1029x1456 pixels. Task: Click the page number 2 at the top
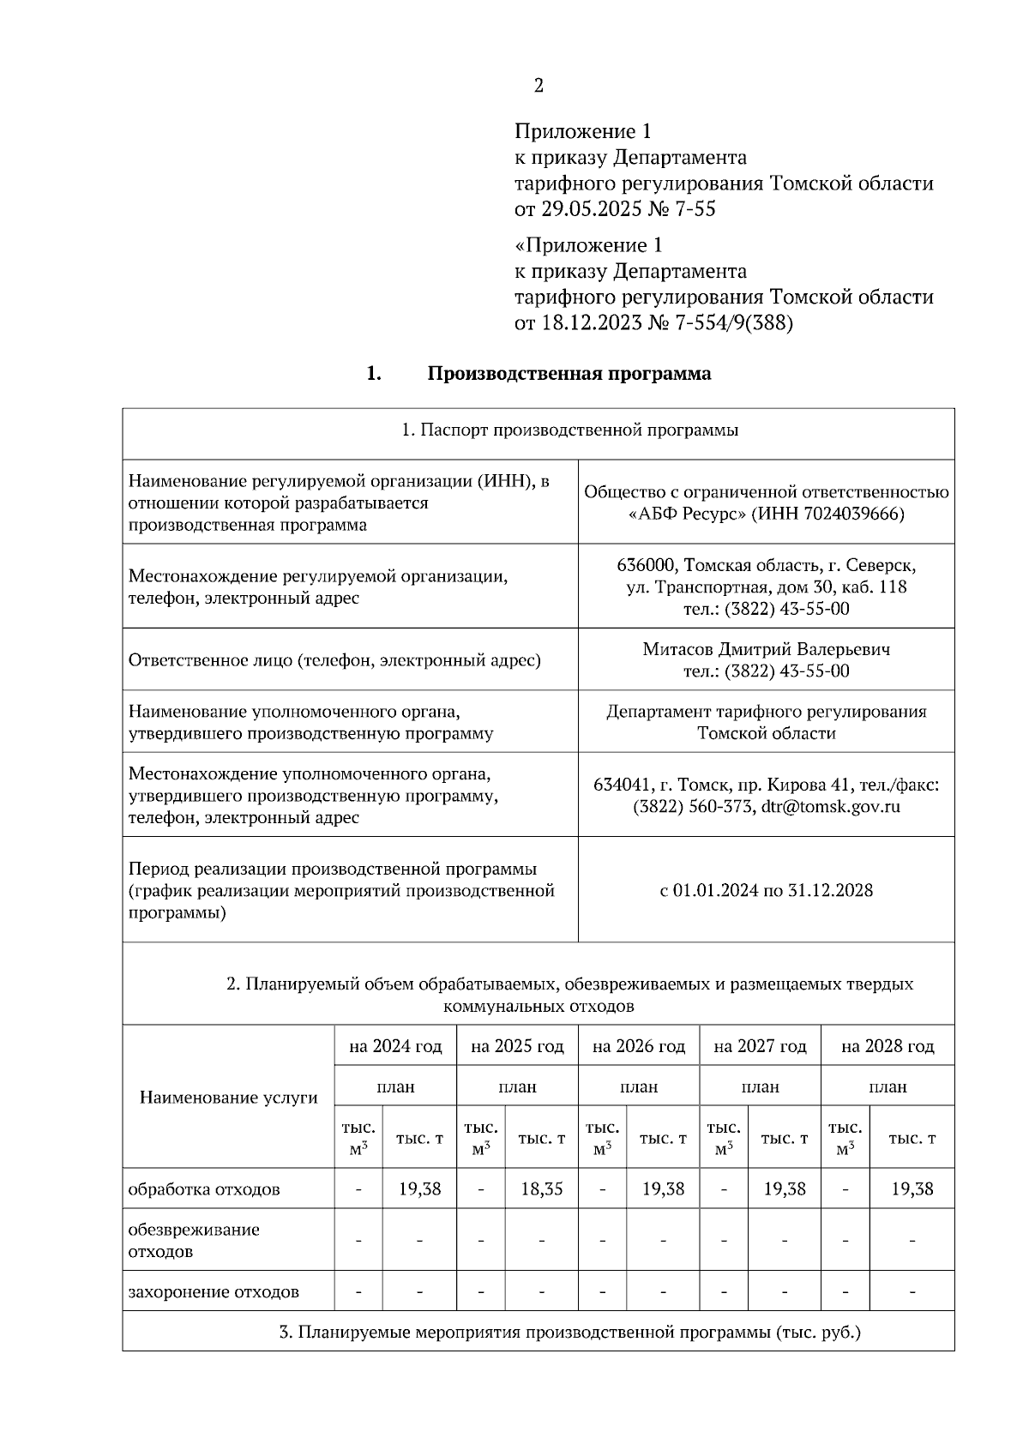click(539, 86)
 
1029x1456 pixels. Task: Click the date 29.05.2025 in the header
click(586, 209)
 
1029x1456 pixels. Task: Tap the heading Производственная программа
click(569, 374)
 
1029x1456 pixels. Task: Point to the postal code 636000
click(645, 566)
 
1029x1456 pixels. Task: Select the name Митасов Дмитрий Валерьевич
click(766, 649)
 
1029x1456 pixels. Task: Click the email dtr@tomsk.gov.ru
click(830, 807)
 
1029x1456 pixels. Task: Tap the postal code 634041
click(621, 785)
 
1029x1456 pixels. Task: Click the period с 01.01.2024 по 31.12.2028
click(766, 890)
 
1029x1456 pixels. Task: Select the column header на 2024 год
click(395, 1046)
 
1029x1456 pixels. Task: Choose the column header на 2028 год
click(888, 1046)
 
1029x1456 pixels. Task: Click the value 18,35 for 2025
click(542, 1189)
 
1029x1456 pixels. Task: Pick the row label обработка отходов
click(204, 1190)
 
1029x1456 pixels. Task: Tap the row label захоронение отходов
click(214, 1292)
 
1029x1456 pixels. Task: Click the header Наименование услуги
click(228, 1098)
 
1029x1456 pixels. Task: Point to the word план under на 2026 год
click(639, 1086)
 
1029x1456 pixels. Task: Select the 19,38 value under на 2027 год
click(785, 1189)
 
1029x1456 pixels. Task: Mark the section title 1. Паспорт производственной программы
click(570, 430)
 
